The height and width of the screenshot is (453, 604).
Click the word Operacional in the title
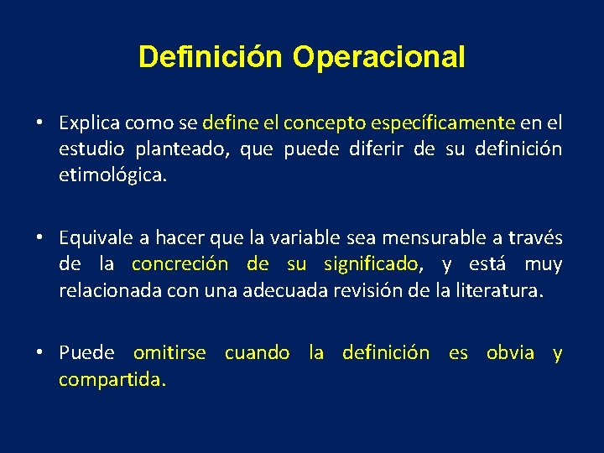378,57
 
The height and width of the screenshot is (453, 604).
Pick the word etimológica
113,177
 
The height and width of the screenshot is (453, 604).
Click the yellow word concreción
180,265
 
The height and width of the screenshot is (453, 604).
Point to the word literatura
502,292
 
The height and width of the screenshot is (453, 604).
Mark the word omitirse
169,353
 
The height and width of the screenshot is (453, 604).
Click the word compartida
112,380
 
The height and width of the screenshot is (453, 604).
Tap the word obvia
510,353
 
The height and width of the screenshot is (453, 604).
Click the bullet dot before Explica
39,123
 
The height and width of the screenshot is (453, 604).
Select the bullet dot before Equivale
39,238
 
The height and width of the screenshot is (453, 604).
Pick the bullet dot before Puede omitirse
39,353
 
